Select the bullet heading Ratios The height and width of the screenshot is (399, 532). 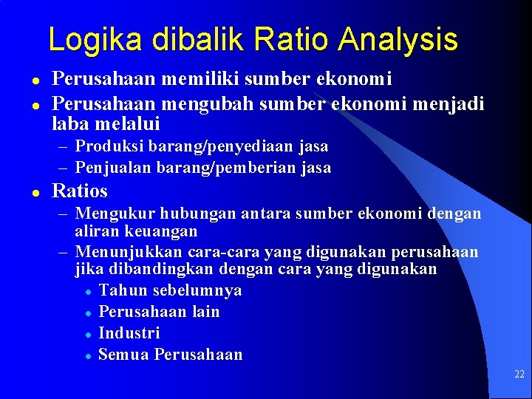pos(79,191)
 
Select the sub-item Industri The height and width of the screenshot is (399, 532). pos(129,332)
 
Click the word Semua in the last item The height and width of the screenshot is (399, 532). pos(120,354)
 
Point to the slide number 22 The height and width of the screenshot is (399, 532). pos(519,375)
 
